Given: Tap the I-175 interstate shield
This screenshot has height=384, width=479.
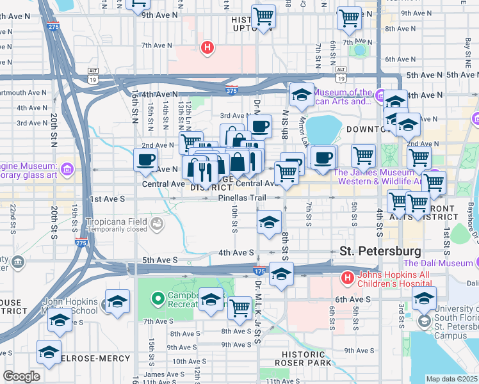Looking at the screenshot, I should pos(259,271).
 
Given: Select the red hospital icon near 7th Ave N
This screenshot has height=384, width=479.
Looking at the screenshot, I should pos(207,47).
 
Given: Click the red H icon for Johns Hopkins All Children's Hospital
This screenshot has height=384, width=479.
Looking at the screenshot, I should pos(346,278).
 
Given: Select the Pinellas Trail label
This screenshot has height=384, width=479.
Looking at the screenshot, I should pos(241,198).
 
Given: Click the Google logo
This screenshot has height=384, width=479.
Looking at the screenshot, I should pos(21,376).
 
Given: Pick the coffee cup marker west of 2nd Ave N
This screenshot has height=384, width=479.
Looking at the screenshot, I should pos(145,160).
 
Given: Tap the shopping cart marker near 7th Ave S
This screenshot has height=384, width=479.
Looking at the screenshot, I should pos(239,308).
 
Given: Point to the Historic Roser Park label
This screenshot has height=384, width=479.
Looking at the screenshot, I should pos(307,358).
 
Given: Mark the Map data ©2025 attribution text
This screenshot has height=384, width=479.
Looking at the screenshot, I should pos(451,379).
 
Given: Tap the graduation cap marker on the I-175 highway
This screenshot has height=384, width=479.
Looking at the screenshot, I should pos(280,274).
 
